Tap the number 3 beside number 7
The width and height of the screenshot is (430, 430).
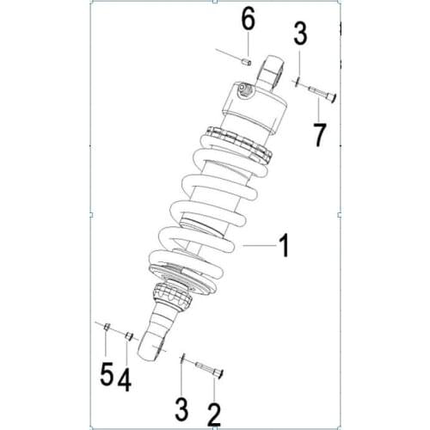[x=299, y=35]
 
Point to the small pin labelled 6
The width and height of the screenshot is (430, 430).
[x=244, y=60]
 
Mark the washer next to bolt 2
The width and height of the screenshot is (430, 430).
[x=183, y=359]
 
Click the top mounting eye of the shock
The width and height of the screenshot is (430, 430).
[x=270, y=70]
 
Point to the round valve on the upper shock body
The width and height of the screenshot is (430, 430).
[x=243, y=88]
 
